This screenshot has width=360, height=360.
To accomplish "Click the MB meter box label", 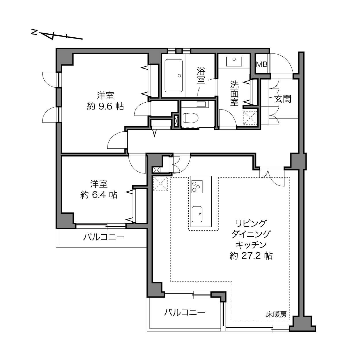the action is point(262,64).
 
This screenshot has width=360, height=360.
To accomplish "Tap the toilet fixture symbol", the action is point(190,118).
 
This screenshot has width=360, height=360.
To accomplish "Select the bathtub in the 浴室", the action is point(174,76).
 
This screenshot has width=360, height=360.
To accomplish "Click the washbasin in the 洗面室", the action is point(234,62).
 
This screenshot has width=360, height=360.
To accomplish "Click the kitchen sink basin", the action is point(197,214).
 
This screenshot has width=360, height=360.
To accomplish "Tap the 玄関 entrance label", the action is point(283,99).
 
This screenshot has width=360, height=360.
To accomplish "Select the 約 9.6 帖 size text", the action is point(105,106).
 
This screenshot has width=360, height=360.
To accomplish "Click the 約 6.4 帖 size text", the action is point(99,195).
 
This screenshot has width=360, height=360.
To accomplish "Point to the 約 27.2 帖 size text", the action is point(251,256).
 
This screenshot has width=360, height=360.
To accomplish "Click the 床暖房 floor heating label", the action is point(276,314).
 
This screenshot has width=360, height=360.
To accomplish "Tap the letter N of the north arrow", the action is point(34,32).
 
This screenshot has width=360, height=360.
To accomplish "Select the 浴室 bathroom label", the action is point(201,75).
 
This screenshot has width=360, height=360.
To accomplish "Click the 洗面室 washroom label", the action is point(234,93).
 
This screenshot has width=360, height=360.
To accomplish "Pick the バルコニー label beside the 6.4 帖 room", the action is point(104,237).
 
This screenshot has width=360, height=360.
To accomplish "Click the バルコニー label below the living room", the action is point(185,312).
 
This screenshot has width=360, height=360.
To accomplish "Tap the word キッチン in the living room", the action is point(251,245).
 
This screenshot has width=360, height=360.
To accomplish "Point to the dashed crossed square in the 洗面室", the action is point(250,118).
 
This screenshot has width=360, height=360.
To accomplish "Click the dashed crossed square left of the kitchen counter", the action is point(160,184).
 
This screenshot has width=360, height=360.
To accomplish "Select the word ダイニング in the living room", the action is point(251,234).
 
